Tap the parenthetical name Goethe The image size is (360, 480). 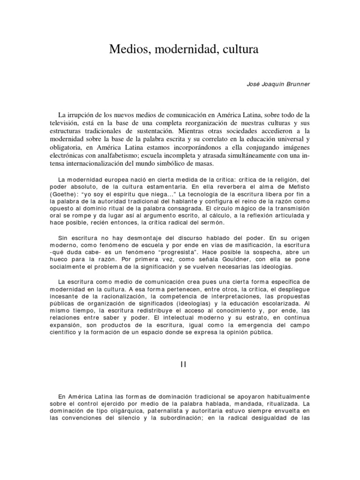pyautogui.click(x=72, y=195)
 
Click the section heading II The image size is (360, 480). pyautogui.click(x=183, y=366)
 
